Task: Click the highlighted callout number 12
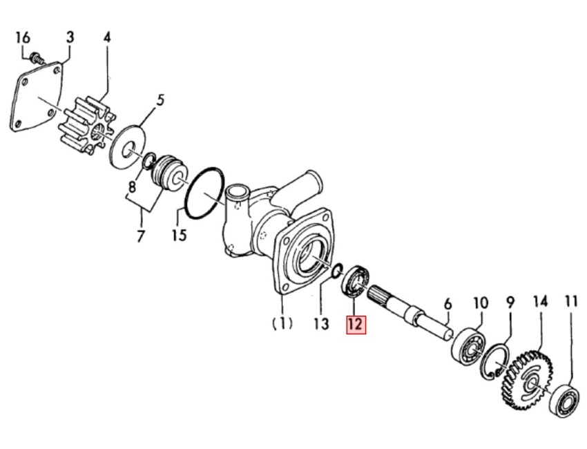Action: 356,324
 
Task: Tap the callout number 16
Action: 23,37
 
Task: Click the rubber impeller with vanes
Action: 87,125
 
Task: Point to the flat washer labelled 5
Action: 128,146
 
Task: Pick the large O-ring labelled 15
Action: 206,193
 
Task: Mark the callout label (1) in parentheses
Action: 282,323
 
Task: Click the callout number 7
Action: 140,236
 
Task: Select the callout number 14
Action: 540,302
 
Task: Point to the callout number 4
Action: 107,37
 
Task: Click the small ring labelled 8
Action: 148,160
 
